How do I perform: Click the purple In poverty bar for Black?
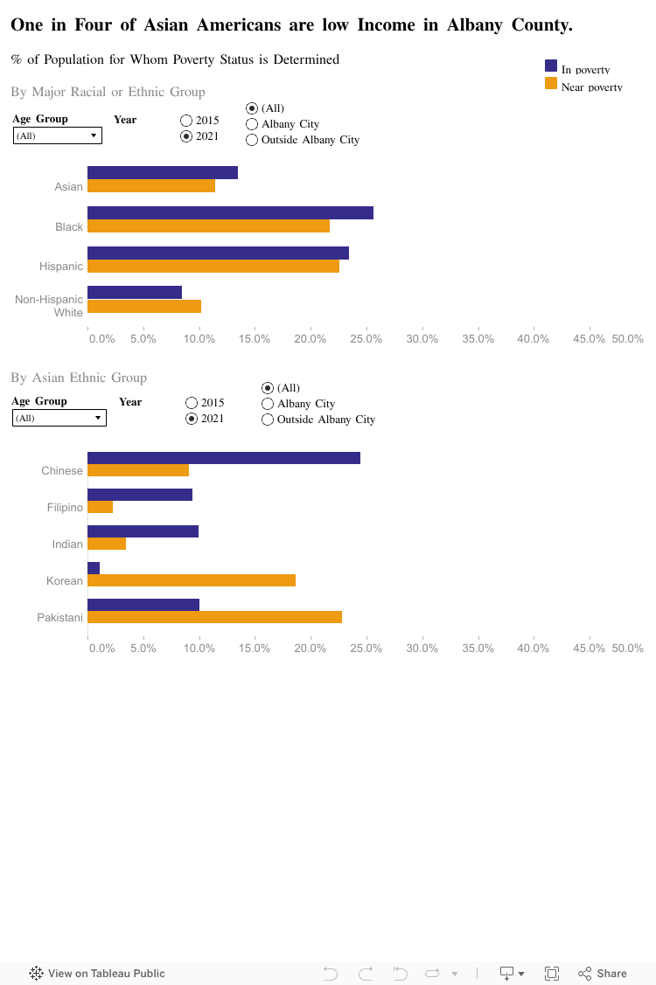(x=230, y=213)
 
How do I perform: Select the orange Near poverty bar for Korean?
(x=192, y=580)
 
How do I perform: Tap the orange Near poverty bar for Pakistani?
(x=214, y=617)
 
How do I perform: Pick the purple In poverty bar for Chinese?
(x=224, y=458)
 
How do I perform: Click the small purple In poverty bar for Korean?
(x=94, y=568)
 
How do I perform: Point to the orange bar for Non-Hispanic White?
(x=144, y=306)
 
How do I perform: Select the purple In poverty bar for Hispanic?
(x=218, y=253)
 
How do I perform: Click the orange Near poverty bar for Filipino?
(x=101, y=507)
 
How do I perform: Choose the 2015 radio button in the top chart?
(x=186, y=121)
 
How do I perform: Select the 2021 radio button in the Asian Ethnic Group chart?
(x=192, y=419)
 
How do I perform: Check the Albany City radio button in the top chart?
(x=252, y=124)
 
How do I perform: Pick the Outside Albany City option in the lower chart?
(x=268, y=420)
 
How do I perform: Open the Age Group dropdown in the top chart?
(x=58, y=135)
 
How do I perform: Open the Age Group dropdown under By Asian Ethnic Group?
(x=59, y=418)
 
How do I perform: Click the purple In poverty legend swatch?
(x=551, y=66)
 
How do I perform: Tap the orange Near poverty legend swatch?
(x=551, y=83)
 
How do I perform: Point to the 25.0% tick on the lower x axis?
(x=366, y=649)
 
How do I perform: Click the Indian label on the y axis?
(x=67, y=544)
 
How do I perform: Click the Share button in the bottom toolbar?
(x=603, y=973)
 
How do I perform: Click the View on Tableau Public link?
(x=97, y=973)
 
